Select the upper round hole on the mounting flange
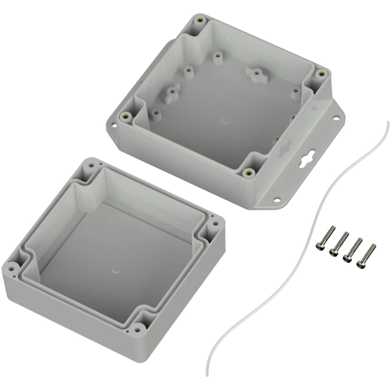337,120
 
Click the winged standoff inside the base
255,75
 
